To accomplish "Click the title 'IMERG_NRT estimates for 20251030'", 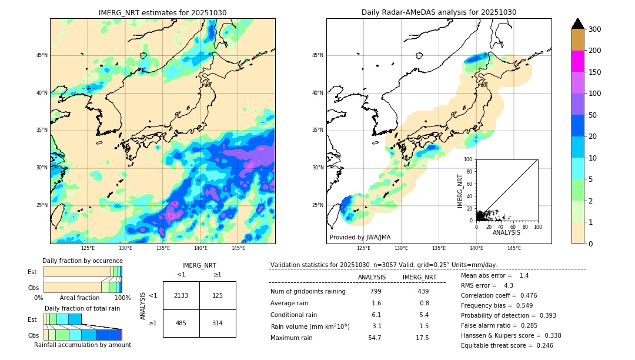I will [162, 12].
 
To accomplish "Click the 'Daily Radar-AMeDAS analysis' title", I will [439, 12].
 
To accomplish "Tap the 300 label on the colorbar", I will [595, 29].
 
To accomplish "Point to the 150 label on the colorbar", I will [595, 72].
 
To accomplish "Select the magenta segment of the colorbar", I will [578, 61].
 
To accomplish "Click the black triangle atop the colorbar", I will [578, 24].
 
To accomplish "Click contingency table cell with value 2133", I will [181, 295].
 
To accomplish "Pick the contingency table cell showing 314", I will [218, 323].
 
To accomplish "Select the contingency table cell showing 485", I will [181, 323].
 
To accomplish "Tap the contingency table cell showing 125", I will [218, 295].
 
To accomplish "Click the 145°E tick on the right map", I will [514, 248].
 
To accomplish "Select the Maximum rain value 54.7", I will [375, 338].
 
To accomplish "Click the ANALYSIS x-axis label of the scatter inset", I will [506, 232].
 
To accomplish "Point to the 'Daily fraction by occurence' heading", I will [81, 261].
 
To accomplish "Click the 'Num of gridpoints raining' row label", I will [308, 292].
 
